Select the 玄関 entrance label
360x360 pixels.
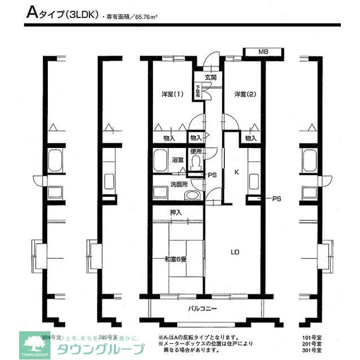[210, 77]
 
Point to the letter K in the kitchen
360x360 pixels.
[237, 173]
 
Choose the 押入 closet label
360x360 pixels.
[175, 212]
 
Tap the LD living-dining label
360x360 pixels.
[235, 252]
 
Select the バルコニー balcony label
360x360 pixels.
[202, 309]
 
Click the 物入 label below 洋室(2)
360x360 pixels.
[251, 138]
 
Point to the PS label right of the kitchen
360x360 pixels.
[276, 199]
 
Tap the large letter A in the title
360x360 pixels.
[32, 13]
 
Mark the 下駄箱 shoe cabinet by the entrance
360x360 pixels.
[199, 91]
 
